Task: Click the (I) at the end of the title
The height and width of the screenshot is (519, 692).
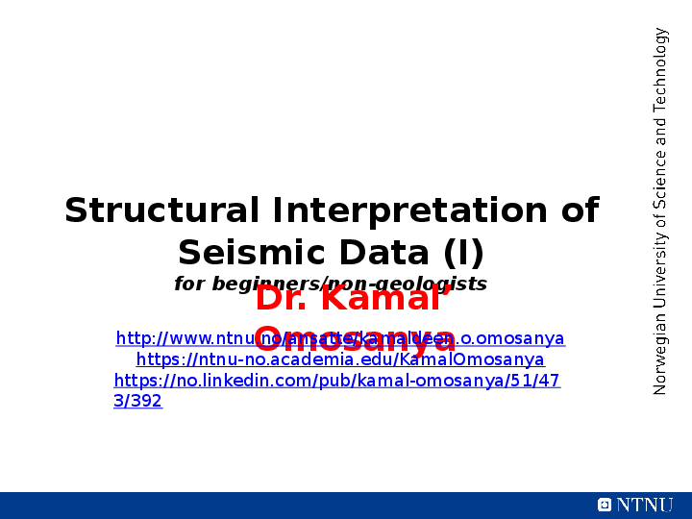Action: [x=464, y=253]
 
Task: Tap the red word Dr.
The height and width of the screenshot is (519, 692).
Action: [x=282, y=299]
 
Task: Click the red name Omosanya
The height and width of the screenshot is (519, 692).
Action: [x=355, y=339]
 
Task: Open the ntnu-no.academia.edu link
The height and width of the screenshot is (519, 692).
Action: [x=340, y=359]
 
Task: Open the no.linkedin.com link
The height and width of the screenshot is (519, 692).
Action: [x=336, y=381]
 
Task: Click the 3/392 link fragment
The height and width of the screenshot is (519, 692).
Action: [x=137, y=402]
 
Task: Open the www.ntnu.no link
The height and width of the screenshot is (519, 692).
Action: [x=340, y=338]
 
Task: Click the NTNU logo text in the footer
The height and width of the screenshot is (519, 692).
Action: [x=645, y=505]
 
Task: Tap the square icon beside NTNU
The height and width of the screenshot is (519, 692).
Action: [x=605, y=505]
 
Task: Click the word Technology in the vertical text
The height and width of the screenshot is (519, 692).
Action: [x=660, y=71]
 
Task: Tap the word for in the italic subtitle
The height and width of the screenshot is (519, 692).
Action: [x=189, y=284]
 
